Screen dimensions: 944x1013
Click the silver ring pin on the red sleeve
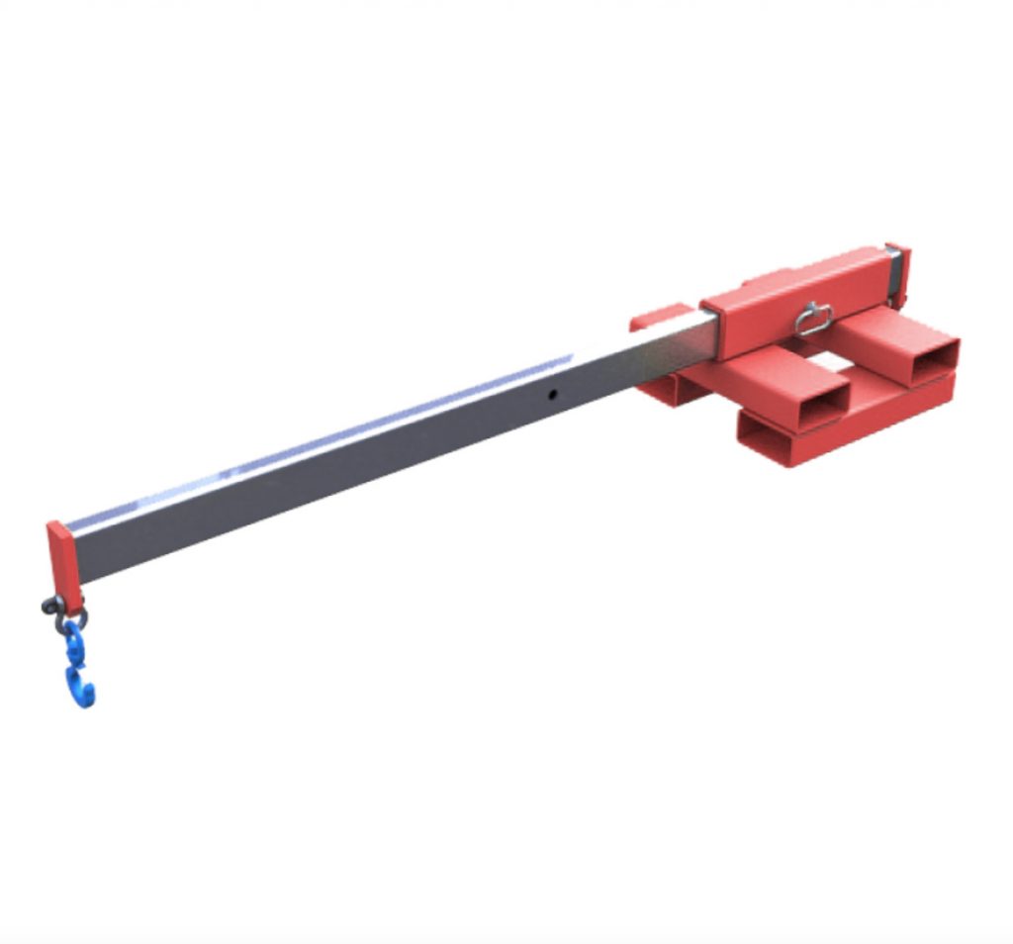813,319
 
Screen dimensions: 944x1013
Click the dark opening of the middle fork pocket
814,402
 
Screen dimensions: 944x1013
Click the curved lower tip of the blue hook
85,698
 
